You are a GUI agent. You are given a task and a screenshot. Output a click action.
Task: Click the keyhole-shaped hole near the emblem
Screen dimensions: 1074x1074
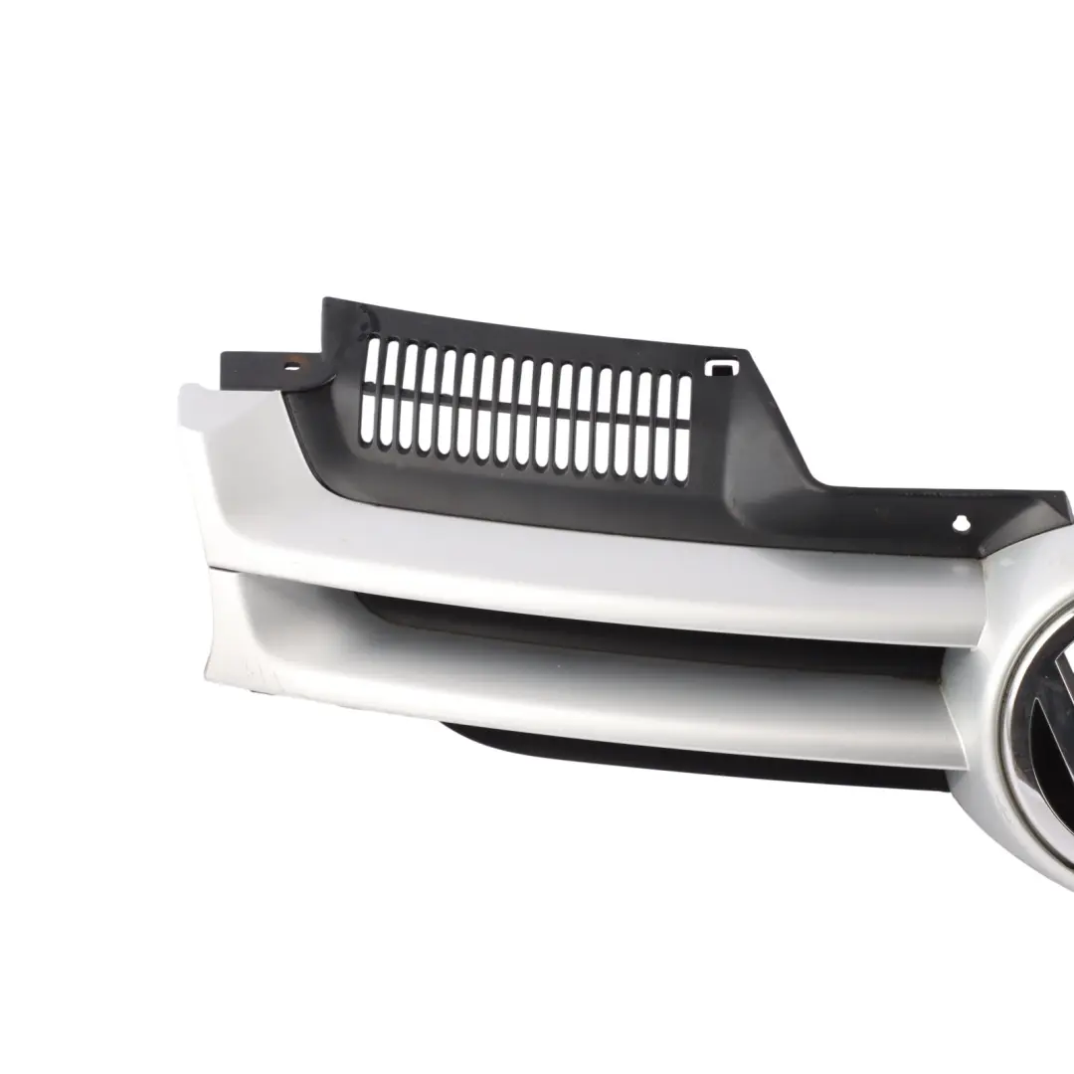pyautogui.click(x=962, y=522)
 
